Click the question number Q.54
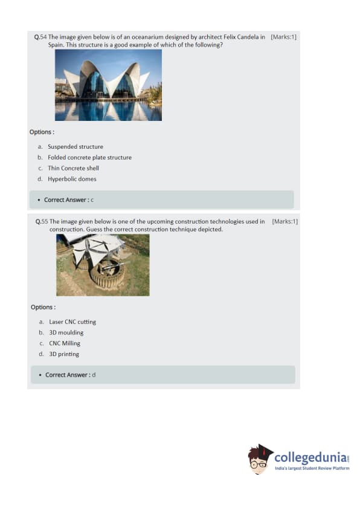click(x=40, y=37)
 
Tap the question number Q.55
click(x=42, y=222)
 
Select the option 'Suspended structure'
click(x=76, y=147)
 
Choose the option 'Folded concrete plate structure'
click(x=89, y=157)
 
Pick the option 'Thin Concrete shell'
click(x=73, y=168)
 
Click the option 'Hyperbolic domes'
click(x=72, y=179)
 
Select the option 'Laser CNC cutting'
click(x=72, y=322)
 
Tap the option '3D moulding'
click(x=66, y=332)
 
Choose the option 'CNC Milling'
click(x=65, y=343)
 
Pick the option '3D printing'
click(x=64, y=354)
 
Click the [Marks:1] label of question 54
click(x=283, y=37)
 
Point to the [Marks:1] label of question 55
click(x=284, y=222)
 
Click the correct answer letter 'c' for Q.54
click(x=92, y=200)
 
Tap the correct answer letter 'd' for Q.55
click(x=94, y=375)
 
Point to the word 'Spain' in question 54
click(x=56, y=45)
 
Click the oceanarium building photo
click(x=108, y=85)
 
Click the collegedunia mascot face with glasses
click(x=259, y=461)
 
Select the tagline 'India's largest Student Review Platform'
click(x=312, y=468)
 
